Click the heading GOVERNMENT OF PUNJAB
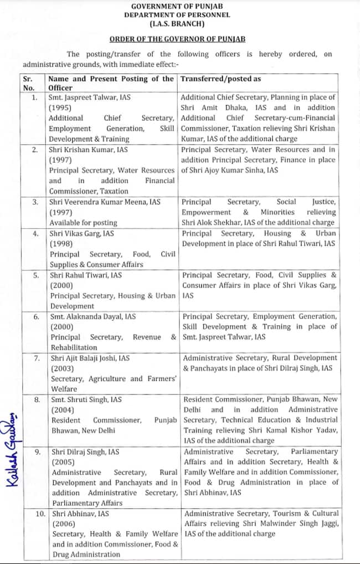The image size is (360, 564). pyautogui.click(x=180, y=6)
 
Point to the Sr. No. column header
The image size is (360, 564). pyautogui.click(x=29, y=83)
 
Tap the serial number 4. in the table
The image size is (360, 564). pyautogui.click(x=35, y=233)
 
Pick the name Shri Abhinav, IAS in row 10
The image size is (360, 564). pyautogui.click(x=80, y=514)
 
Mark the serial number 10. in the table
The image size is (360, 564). pyautogui.click(x=40, y=514)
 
